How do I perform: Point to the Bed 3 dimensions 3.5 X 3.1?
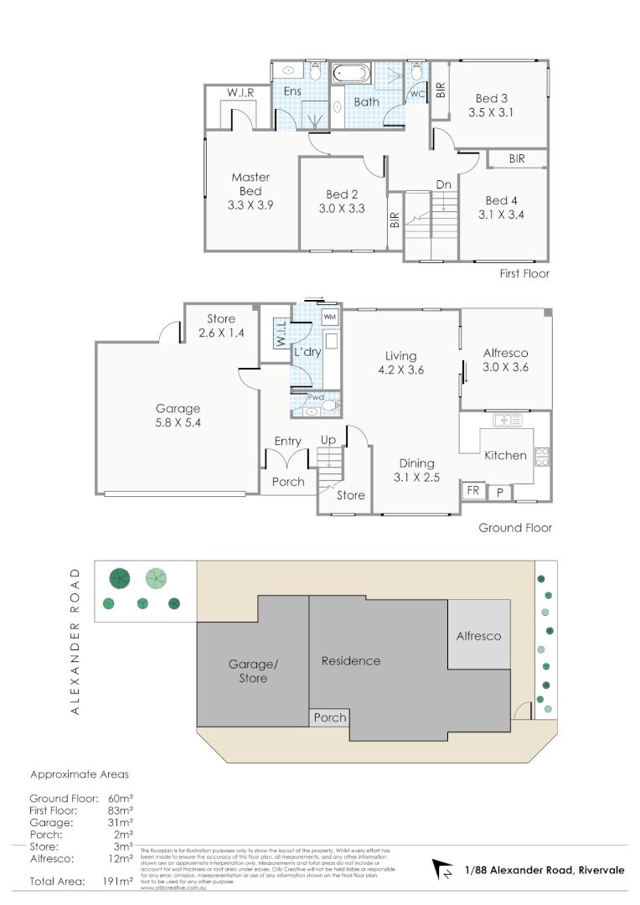point(490,111)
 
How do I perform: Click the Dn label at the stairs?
point(444,184)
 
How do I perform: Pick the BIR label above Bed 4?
point(517,158)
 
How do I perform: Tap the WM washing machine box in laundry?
point(330,318)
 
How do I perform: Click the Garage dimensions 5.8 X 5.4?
point(178,422)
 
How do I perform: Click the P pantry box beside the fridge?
point(500,492)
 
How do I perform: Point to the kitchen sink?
point(508,420)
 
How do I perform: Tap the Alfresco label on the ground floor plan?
point(505,353)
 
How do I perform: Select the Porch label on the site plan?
point(329,717)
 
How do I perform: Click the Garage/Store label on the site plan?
point(253,671)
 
